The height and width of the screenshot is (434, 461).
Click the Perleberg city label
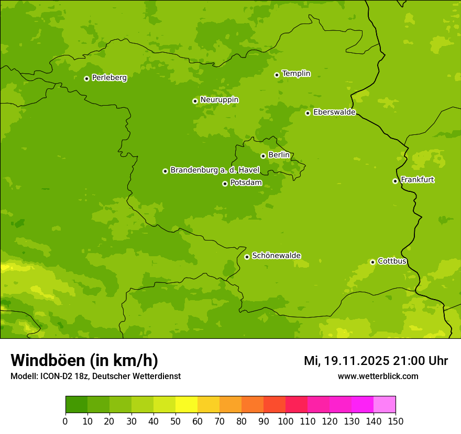(109, 78)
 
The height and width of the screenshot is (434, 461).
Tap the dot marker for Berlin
(263, 156)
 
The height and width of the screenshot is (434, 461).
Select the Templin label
(296, 74)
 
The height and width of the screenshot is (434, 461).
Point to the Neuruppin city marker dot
(195, 101)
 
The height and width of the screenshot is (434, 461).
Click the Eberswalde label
(334, 112)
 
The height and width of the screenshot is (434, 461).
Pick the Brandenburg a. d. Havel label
(215, 170)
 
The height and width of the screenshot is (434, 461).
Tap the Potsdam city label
(246, 183)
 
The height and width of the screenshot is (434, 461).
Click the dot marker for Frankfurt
(395, 181)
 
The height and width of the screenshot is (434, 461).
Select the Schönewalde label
(276, 256)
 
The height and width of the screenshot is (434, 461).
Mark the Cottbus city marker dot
(372, 262)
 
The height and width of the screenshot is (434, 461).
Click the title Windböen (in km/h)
(84, 360)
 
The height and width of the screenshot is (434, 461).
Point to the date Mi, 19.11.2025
(346, 361)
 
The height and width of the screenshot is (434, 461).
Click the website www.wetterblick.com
(378, 376)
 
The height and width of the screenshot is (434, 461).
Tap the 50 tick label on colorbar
(175, 421)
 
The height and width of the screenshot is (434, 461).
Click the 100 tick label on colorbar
(286, 421)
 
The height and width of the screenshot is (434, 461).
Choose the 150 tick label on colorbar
(396, 421)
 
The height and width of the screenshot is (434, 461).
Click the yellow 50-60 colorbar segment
(186, 405)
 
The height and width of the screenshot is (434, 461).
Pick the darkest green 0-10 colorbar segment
(76, 405)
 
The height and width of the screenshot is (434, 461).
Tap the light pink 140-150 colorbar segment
(385, 405)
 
